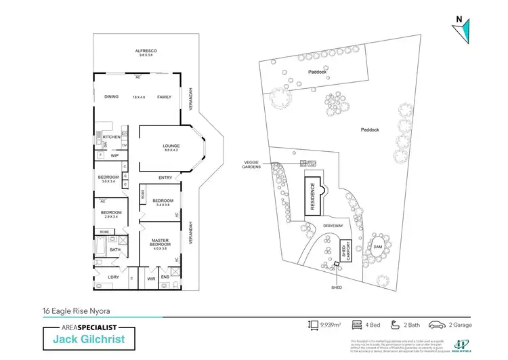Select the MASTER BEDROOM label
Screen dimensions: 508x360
click(160, 242)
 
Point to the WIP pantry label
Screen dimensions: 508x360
click(114, 156)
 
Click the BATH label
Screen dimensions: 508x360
click(115, 249)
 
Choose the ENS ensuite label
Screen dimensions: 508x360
click(165, 277)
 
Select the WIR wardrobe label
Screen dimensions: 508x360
click(152, 278)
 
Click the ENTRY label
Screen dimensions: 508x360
click(165, 178)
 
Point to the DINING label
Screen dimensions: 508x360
click(111, 97)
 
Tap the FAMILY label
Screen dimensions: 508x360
click(165, 97)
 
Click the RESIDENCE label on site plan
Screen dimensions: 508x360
click(313, 197)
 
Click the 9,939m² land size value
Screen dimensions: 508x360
click(331, 325)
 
